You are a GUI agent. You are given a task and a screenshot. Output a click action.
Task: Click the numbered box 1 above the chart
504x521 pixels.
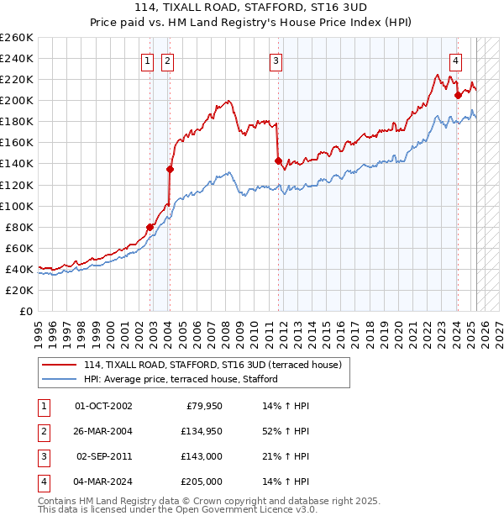click(147, 60)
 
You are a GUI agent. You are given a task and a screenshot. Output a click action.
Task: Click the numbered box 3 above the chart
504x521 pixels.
click(276, 60)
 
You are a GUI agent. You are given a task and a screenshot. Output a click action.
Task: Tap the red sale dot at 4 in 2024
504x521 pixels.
click(458, 95)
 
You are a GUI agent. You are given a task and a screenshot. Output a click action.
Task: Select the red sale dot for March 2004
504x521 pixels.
click(170, 169)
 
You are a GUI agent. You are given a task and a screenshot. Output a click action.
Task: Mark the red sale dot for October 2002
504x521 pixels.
click(150, 227)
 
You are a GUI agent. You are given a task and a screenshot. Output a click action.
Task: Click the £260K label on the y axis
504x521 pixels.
click(17, 38)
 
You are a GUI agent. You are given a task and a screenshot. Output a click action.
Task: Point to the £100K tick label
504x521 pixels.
click(17, 206)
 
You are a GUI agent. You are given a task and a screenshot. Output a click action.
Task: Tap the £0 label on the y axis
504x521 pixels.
click(25, 311)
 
